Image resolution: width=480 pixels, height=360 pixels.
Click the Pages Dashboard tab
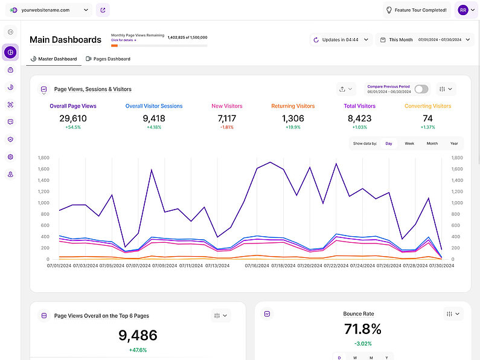click(x=108, y=59)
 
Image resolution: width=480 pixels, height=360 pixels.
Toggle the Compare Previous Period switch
click(x=421, y=89)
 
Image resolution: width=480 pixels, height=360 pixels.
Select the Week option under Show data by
click(x=409, y=144)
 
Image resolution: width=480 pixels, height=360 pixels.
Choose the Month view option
click(x=432, y=144)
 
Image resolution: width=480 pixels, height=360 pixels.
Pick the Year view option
click(x=454, y=144)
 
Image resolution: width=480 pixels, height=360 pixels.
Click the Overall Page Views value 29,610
click(x=73, y=118)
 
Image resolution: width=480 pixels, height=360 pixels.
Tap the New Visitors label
click(x=227, y=106)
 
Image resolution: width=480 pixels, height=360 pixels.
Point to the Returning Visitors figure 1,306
click(x=293, y=118)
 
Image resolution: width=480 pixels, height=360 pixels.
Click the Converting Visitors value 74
click(x=427, y=118)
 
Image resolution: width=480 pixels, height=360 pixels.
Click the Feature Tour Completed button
click(x=417, y=10)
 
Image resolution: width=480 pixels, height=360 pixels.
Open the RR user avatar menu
click(x=466, y=10)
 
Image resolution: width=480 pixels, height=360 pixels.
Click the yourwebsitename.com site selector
click(x=51, y=10)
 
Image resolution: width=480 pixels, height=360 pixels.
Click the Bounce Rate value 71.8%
click(x=362, y=329)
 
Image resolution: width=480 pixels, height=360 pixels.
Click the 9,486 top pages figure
click(x=138, y=336)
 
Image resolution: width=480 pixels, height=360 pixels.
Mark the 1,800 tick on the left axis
click(x=43, y=158)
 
